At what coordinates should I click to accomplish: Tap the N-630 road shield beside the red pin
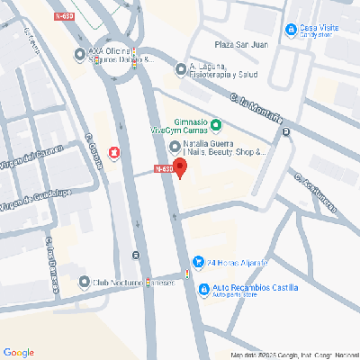[x=163, y=168]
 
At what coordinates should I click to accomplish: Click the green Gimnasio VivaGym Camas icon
[x=216, y=124]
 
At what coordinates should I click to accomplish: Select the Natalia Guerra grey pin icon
[x=175, y=147]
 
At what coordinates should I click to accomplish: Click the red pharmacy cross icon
[x=113, y=153]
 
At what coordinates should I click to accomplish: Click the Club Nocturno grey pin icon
[x=85, y=283]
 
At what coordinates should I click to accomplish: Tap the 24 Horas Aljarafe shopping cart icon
[x=198, y=263]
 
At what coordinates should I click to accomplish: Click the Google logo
[x=19, y=351]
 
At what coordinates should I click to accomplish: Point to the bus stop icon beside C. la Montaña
[x=286, y=132]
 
